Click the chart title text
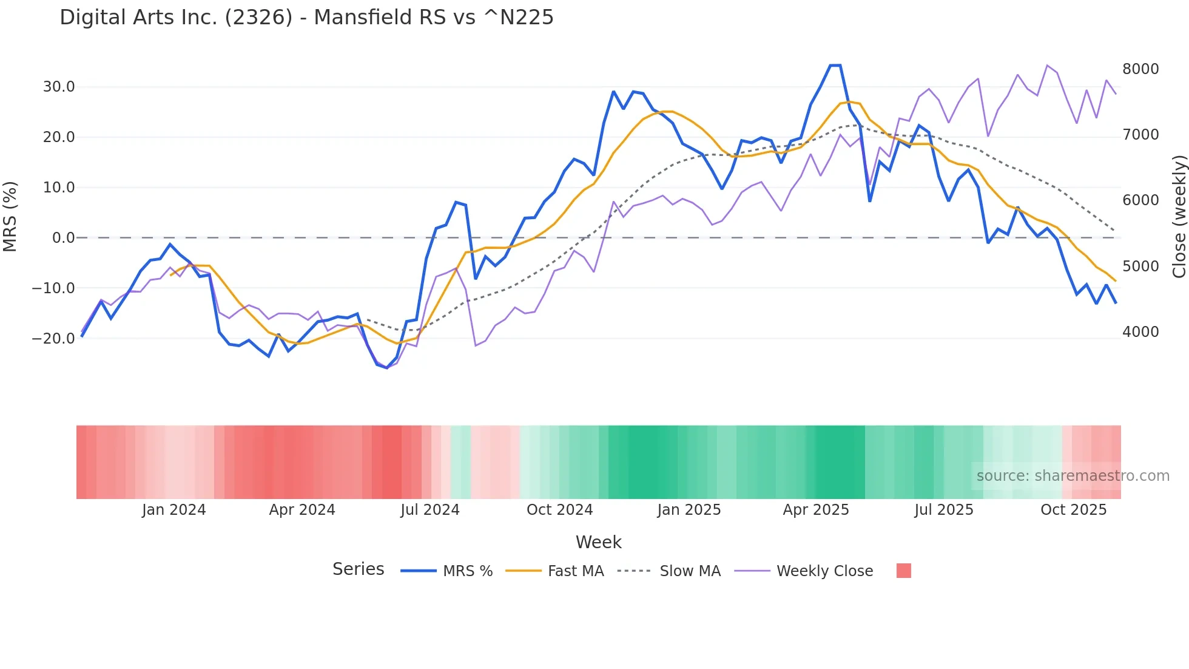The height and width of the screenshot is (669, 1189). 306,18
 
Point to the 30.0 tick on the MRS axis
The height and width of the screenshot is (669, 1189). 59,87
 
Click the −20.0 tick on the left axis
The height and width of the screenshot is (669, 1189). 53,339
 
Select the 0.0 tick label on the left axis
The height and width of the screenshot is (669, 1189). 63,238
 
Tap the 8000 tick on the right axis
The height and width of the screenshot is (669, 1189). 1140,69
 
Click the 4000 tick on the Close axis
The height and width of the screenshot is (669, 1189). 1140,332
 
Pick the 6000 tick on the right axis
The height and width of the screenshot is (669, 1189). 1140,200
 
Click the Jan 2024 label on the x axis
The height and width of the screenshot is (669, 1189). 174,510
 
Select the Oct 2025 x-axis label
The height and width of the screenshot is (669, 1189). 1073,510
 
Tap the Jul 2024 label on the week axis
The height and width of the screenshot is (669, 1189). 430,510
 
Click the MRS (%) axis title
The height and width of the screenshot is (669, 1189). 10,217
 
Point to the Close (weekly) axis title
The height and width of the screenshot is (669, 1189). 1179,217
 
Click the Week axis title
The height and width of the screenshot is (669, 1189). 598,542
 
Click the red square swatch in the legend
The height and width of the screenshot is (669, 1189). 903,571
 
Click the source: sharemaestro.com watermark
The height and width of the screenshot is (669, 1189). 1073,476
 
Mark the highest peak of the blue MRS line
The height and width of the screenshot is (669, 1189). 835,66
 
